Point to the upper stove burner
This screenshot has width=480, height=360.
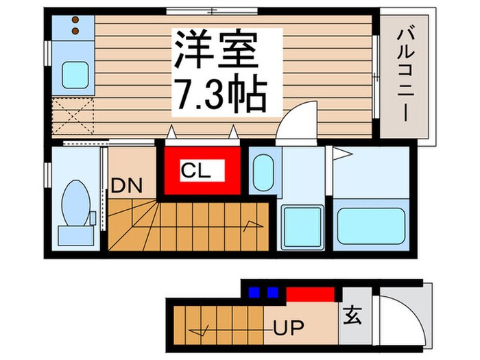click(75, 21)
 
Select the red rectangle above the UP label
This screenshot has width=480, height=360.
click(310, 294)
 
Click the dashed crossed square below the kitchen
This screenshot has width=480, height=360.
click(73, 114)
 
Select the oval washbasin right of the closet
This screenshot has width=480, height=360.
click(263, 173)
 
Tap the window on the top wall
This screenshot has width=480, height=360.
click(202, 10)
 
